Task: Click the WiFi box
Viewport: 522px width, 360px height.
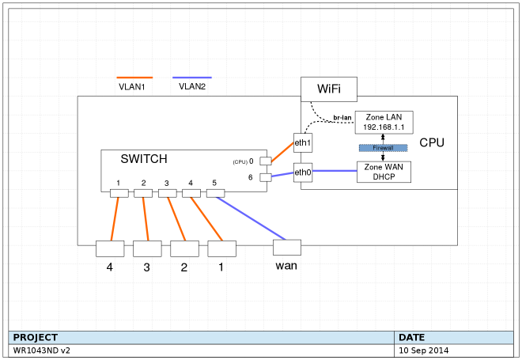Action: [328, 89]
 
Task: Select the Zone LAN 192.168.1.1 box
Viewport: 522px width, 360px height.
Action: [384, 123]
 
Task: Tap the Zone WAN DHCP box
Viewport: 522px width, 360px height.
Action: [384, 172]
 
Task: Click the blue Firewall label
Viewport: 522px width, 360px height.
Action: [383, 148]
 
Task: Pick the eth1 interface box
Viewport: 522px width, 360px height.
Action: [302, 143]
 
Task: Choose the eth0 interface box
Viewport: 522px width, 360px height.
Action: [302, 172]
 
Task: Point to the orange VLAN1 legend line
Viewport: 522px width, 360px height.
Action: [134, 78]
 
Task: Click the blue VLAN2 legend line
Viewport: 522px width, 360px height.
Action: [191, 78]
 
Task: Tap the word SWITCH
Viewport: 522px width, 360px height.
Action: [144, 159]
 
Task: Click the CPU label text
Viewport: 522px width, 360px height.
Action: [432, 143]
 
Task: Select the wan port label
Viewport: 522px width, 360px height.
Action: [286, 265]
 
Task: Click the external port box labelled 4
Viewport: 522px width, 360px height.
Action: [110, 248]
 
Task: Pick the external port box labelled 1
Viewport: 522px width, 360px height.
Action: [221, 248]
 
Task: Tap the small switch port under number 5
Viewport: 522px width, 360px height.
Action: [215, 193]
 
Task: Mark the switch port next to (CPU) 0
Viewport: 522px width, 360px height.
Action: [266, 161]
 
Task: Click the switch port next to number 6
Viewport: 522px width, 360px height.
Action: [266, 177]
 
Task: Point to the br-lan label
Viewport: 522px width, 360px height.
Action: [342, 117]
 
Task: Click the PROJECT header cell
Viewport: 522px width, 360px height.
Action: [36, 337]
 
